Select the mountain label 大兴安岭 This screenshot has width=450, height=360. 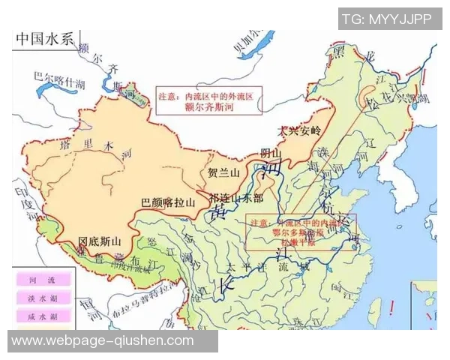click(x=299, y=130)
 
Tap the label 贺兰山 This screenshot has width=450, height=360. click(x=223, y=172)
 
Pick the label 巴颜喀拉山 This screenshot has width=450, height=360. click(x=168, y=202)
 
